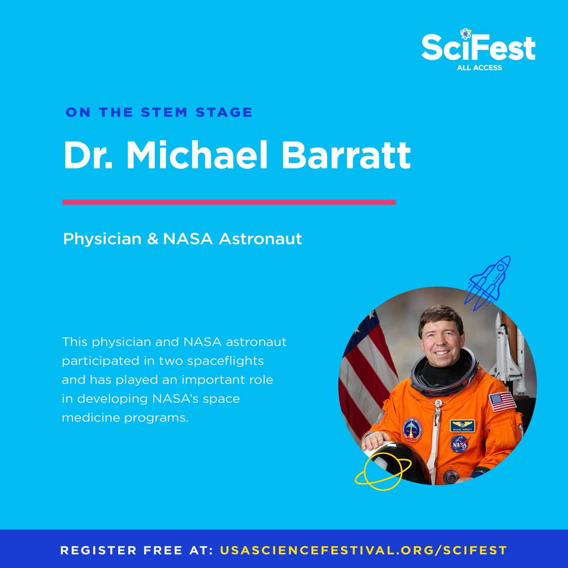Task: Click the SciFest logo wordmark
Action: pos(478,47)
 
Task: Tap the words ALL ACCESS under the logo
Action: pos(479,68)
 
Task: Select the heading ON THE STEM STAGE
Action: pos(159,113)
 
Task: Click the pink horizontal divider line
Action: pos(229,202)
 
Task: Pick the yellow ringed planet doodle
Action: pos(379,471)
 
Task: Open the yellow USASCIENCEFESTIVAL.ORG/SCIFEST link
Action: pos(364,550)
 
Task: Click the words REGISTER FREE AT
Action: pos(137,550)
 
